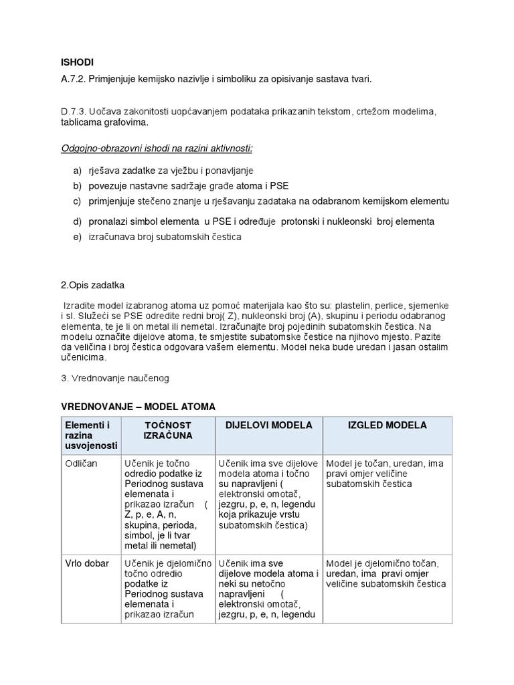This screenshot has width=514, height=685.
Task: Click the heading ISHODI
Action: point(77,63)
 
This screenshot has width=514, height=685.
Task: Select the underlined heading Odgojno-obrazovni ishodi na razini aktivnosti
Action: point(157,147)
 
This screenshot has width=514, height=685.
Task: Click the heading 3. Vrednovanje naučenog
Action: point(115,378)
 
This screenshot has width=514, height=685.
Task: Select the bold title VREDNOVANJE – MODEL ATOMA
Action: point(139,406)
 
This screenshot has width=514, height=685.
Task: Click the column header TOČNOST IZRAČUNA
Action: point(167,430)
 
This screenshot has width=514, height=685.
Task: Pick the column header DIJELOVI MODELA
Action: point(268,425)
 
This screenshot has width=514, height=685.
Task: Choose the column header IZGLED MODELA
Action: point(388,425)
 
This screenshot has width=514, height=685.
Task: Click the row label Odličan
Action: point(80,463)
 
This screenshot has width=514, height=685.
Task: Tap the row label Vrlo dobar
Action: point(86,563)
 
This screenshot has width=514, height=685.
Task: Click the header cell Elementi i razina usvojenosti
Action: point(90,435)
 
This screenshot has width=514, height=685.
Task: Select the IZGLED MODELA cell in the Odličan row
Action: point(387,473)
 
